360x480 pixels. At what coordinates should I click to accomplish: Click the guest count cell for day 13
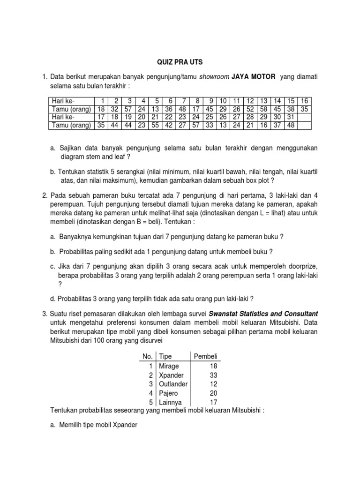pyautogui.click(x=263, y=108)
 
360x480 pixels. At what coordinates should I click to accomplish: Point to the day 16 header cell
pyautogui.click(x=304, y=101)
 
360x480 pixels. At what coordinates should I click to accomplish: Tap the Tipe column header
pyautogui.click(x=166, y=357)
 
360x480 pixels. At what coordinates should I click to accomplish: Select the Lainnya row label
pyautogui.click(x=170, y=402)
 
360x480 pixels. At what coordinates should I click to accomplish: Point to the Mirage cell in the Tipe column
pyautogui.click(x=169, y=366)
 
